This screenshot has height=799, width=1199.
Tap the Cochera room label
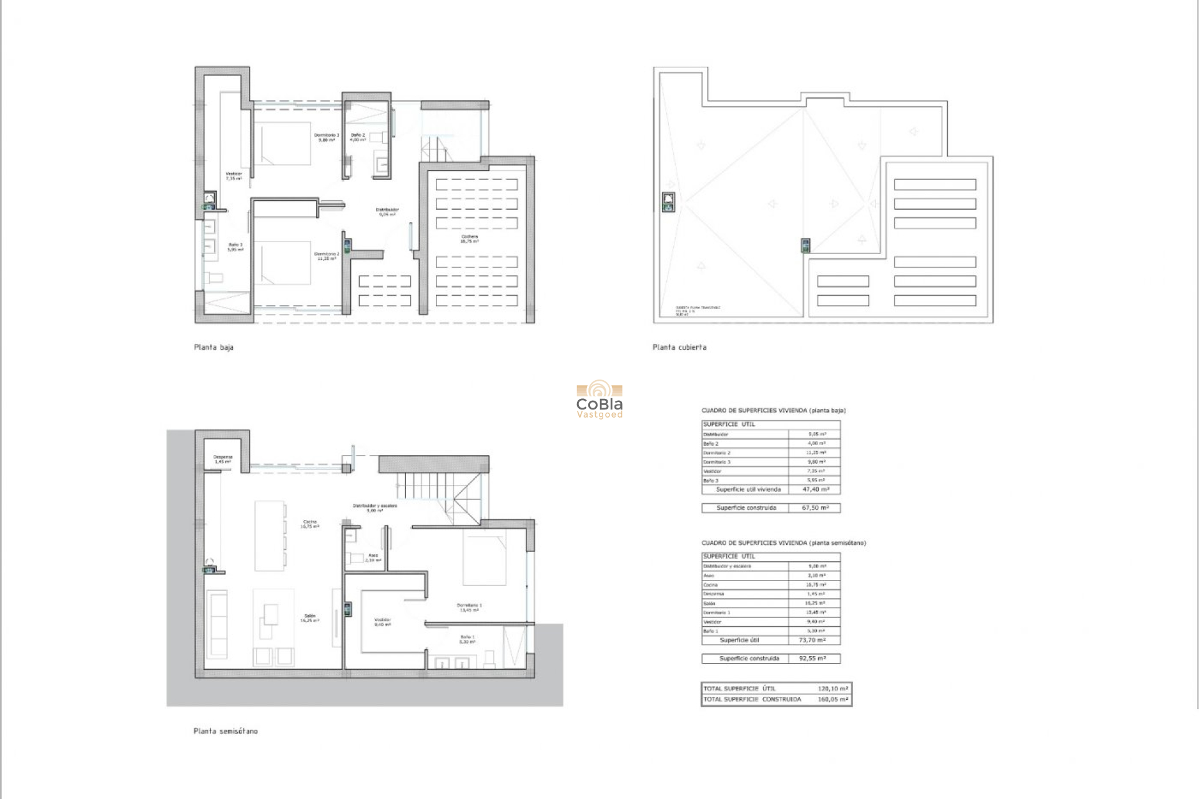tap(469, 238)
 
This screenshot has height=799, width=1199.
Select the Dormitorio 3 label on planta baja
tap(326, 137)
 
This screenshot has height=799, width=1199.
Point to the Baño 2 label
tap(358, 137)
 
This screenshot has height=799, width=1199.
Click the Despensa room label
tap(223, 459)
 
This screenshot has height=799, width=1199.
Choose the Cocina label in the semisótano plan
tap(310, 524)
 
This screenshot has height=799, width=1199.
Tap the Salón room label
tap(310, 618)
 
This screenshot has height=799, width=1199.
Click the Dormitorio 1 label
tap(469, 607)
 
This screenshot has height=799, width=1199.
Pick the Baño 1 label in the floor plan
tap(467, 639)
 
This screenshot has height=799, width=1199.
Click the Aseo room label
tap(373, 557)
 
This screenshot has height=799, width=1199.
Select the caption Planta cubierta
tap(679, 347)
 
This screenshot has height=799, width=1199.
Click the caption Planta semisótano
tap(225, 731)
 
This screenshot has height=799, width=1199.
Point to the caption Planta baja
tap(214, 347)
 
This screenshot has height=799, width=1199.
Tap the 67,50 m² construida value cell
tap(815, 508)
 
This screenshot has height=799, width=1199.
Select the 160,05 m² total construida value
tap(832, 700)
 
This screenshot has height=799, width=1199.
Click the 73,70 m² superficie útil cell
tap(812, 640)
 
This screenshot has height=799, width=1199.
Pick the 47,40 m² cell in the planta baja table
tap(814, 489)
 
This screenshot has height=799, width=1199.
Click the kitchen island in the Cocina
tap(270, 536)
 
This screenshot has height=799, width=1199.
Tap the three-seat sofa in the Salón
tap(218, 624)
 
